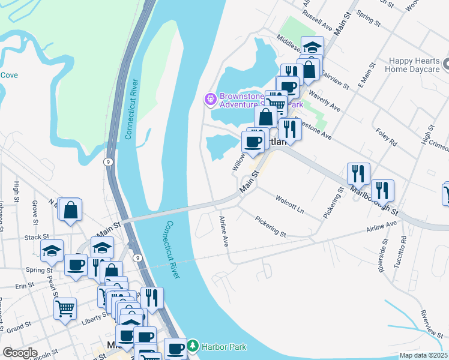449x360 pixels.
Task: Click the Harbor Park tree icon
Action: coord(192,346)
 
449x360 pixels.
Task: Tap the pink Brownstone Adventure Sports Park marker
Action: coord(210,98)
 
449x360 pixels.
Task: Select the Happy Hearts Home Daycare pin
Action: coord(445,63)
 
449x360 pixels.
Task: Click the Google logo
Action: coord(20,352)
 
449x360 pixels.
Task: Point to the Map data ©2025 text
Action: coord(424,355)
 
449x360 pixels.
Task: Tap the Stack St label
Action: coord(33,238)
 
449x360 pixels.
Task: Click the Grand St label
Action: coord(19,328)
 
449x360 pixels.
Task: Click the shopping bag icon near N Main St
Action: coord(70,211)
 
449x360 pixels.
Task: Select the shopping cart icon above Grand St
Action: coord(65,309)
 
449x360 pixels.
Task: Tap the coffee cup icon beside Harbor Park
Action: coord(176,347)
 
